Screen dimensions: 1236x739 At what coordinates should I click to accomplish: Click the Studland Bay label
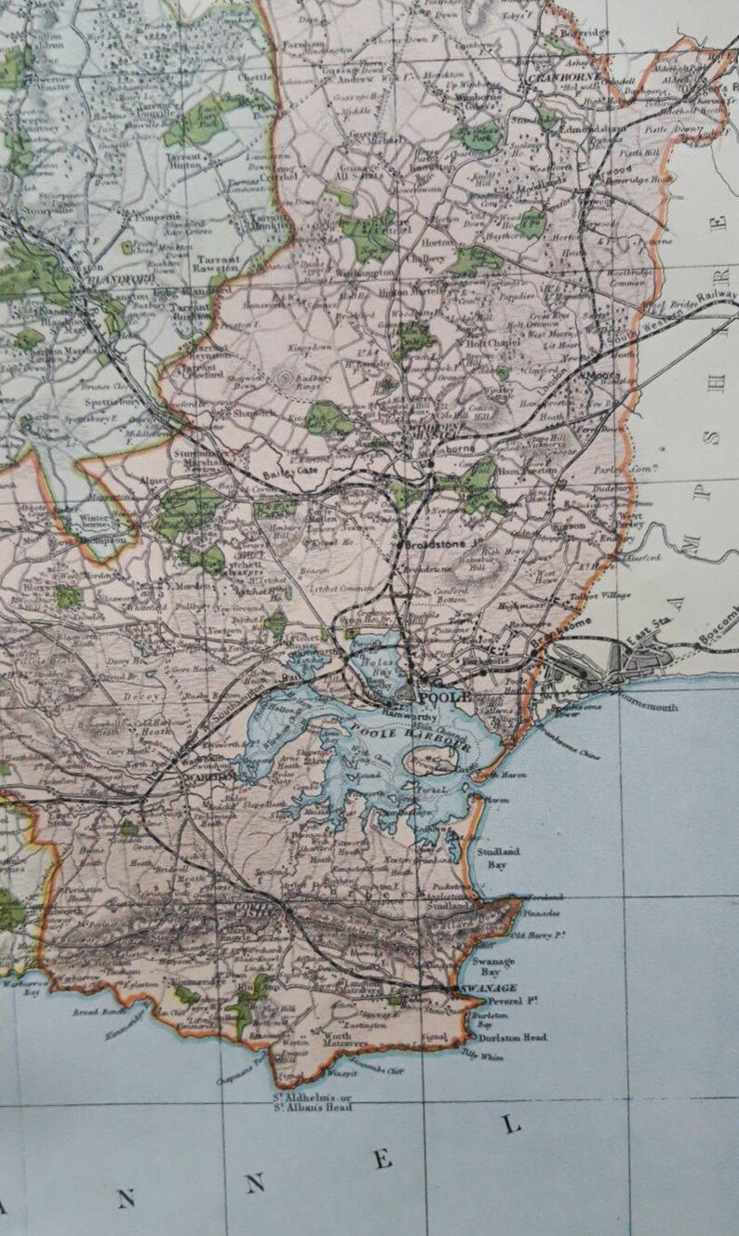[x=500, y=857]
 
